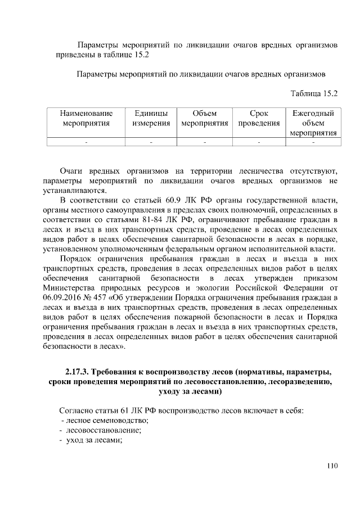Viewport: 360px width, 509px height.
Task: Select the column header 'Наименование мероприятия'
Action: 86,118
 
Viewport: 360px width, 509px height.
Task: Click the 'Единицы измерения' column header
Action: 151,118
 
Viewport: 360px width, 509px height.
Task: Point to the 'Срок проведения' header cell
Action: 259,118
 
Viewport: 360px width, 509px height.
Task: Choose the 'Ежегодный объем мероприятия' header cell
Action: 313,123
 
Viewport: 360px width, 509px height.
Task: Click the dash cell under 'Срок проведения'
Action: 259,142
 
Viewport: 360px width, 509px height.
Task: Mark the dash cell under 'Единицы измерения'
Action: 151,142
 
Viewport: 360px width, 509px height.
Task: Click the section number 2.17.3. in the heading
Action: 77,372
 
